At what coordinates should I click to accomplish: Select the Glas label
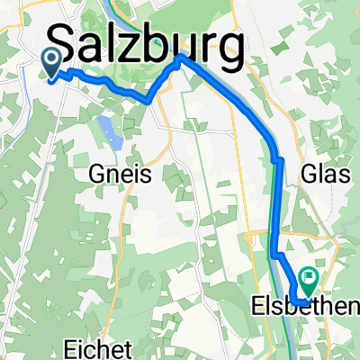[x=325, y=175]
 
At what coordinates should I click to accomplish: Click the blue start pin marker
[x=51, y=63]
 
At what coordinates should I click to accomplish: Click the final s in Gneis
[x=148, y=174]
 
